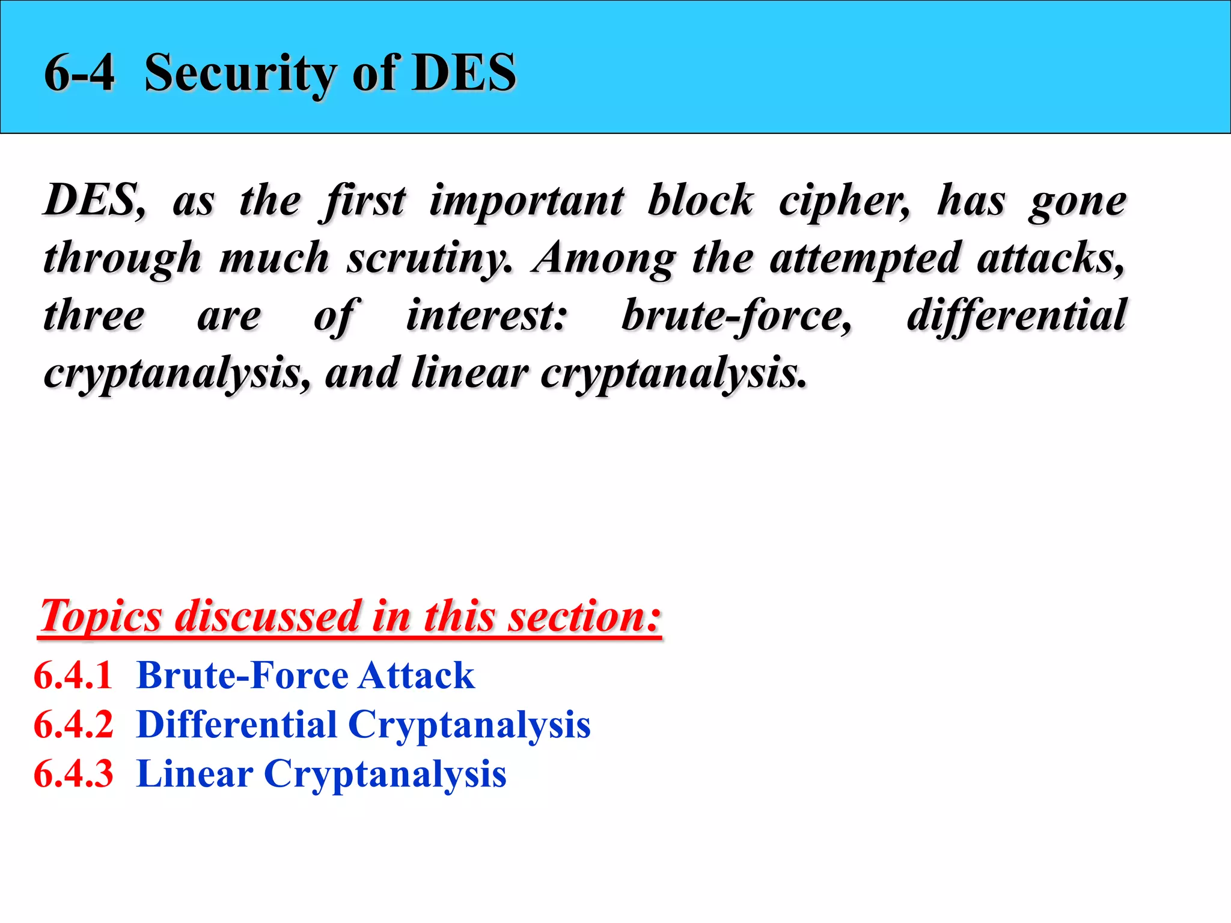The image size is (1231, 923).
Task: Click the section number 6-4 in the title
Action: pyautogui.click(x=79, y=73)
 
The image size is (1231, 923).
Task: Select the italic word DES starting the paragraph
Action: pyautogui.click(x=93, y=200)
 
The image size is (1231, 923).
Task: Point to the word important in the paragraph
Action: pyautogui.click(x=527, y=200)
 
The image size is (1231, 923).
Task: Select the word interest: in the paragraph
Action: pyautogui.click(x=486, y=316)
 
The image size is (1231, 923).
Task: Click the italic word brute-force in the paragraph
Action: pyautogui.click(x=736, y=316)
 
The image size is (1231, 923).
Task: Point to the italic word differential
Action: pyautogui.click(x=1016, y=316)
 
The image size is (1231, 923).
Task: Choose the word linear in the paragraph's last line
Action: pyautogui.click(x=469, y=373)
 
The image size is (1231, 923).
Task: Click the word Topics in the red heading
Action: pyautogui.click(x=101, y=617)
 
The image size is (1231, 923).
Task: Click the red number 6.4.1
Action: pyautogui.click(x=73, y=675)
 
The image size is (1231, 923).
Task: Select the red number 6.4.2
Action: pyautogui.click(x=73, y=725)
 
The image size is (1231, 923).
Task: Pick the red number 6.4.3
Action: pyautogui.click(x=73, y=774)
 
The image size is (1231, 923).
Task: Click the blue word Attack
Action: pyautogui.click(x=416, y=675)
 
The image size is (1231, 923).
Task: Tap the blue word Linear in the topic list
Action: pyautogui.click(x=195, y=774)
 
